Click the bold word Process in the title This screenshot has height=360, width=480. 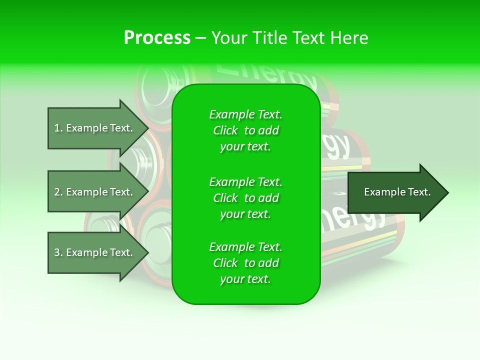click(157, 38)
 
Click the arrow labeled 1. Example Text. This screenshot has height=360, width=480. click(93, 128)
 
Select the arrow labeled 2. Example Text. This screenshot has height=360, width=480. click(93, 192)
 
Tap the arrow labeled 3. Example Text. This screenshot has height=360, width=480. click(93, 252)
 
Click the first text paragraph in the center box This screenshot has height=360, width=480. click(245, 130)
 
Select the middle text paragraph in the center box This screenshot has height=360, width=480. click(245, 198)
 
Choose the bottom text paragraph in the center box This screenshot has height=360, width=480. click(245, 263)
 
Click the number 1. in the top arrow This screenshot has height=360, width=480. click(58, 128)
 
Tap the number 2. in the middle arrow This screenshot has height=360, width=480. click(58, 192)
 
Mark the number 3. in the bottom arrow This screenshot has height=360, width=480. click(58, 252)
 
